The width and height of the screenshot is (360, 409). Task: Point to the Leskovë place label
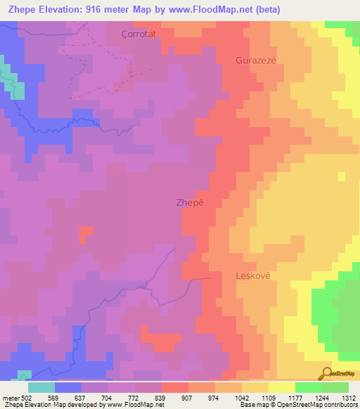pos(252,276)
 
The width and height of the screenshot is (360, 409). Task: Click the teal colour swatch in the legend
pos(41,388)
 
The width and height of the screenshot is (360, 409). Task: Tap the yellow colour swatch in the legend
pos(281,388)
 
